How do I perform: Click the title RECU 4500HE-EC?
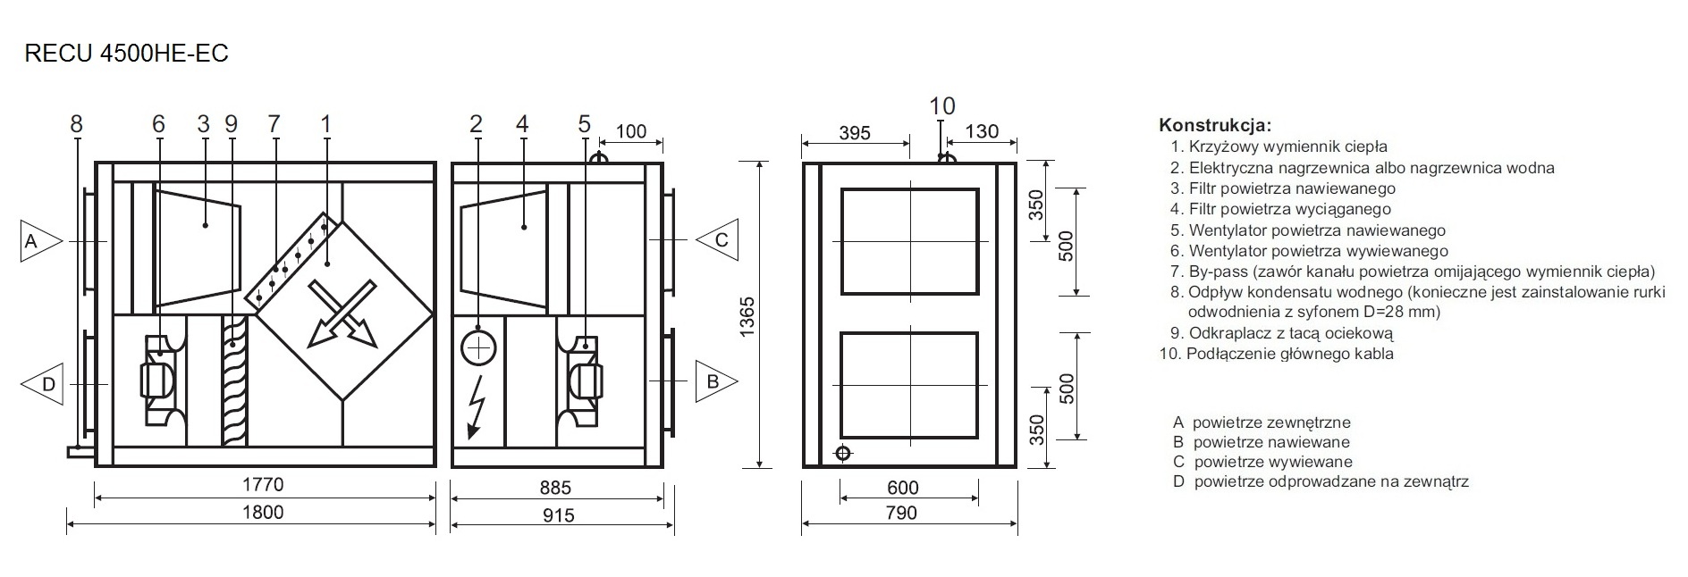click(127, 54)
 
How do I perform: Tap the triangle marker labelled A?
click(40, 241)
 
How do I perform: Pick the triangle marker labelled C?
click(717, 239)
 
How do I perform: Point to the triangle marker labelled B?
click(717, 381)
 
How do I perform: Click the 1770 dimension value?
click(263, 484)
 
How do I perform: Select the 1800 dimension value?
click(263, 512)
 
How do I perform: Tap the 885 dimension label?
click(555, 488)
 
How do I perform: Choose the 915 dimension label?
click(558, 514)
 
